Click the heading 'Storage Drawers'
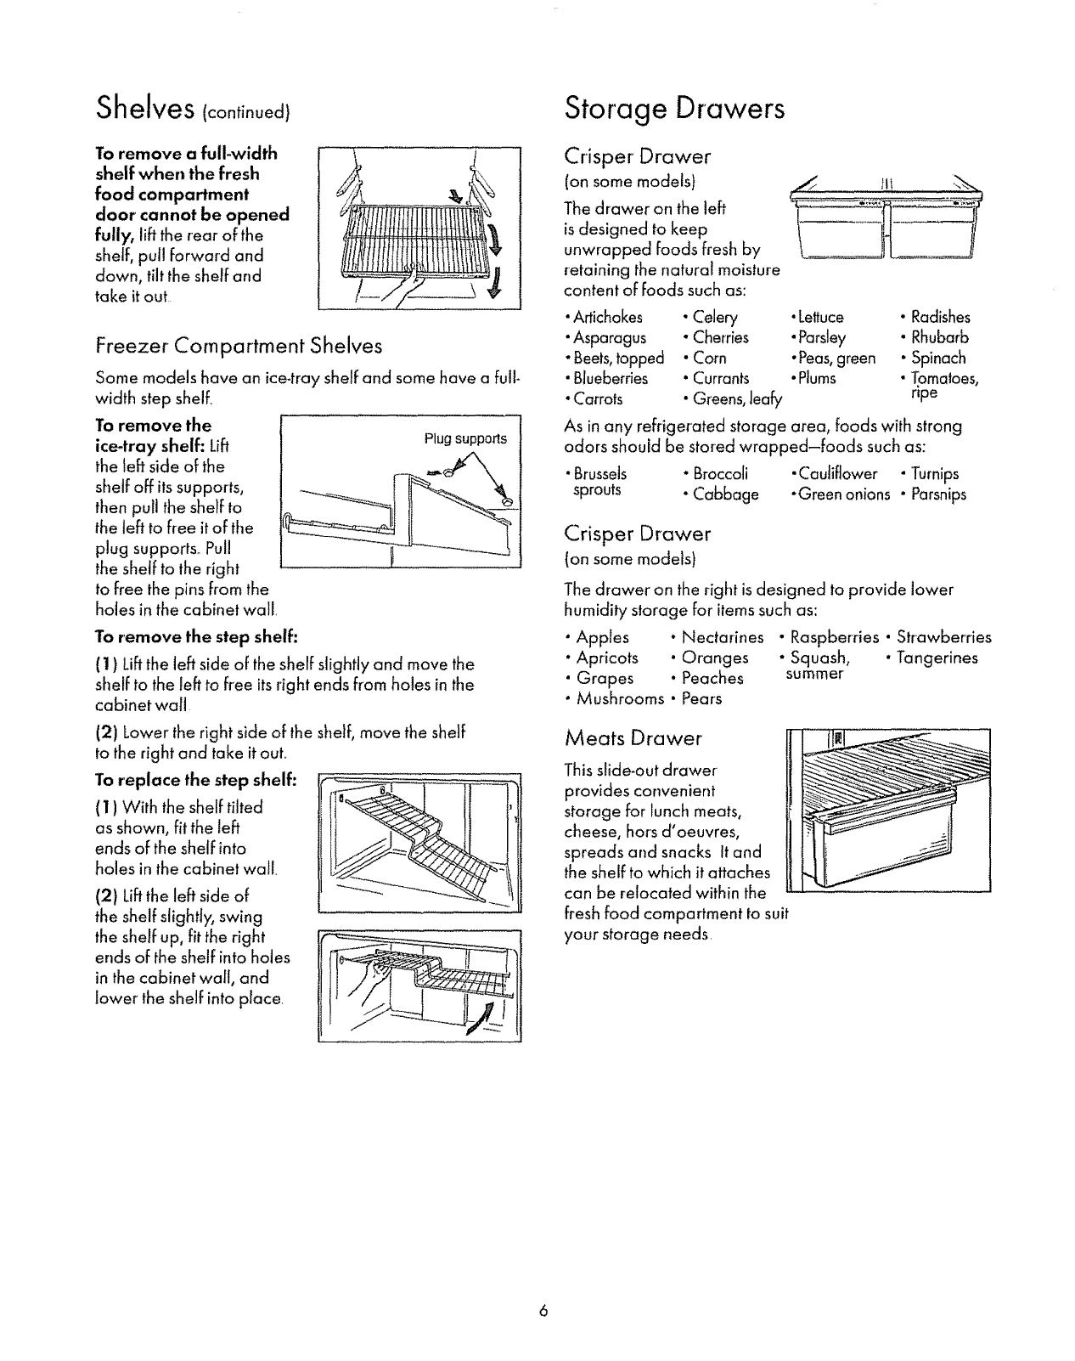pos(675,110)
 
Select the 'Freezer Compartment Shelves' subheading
pos(239,346)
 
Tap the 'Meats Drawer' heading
pos(633,738)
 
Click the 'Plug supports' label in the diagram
pos(465,439)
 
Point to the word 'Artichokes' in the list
pos(607,318)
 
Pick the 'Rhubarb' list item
pos(940,338)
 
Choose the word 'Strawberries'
pos(943,637)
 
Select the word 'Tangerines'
pos(937,658)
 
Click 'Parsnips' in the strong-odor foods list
pos(938,494)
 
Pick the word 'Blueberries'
pos(610,379)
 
